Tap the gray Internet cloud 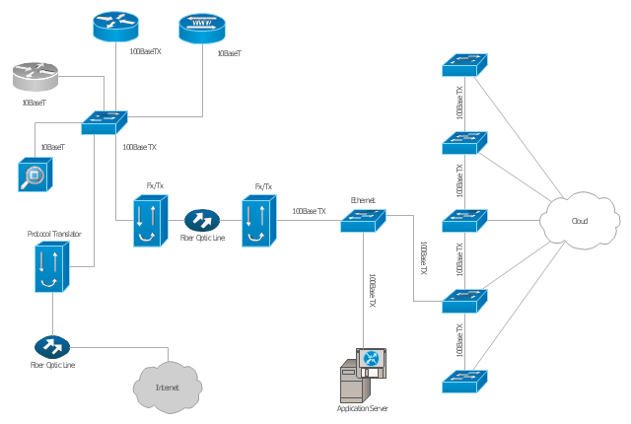tap(167, 385)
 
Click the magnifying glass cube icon tap(35, 174)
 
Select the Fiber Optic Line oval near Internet tap(51, 347)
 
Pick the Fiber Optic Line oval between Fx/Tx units tap(201, 220)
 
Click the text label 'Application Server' tap(364, 408)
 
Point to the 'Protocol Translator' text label tap(54, 235)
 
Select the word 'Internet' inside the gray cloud tap(167, 388)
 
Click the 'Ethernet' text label tap(363, 200)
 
